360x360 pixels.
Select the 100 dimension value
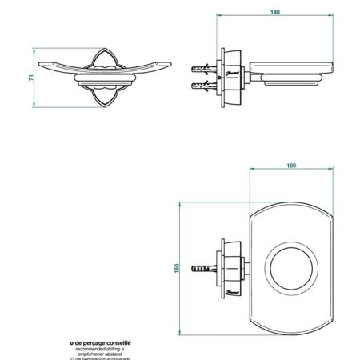point(290,166)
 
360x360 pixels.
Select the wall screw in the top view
point(202,267)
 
